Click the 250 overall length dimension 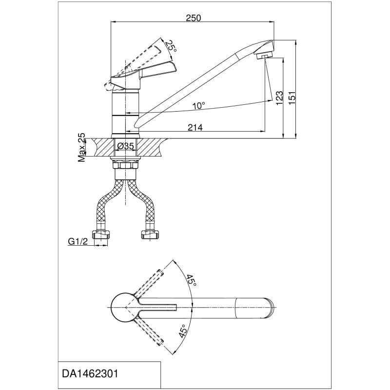(x=194, y=18)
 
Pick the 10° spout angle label (x=198, y=105)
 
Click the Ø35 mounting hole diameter (x=126, y=146)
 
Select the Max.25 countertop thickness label (x=81, y=148)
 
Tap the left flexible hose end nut (x=101, y=235)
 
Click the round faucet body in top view (x=125, y=308)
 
